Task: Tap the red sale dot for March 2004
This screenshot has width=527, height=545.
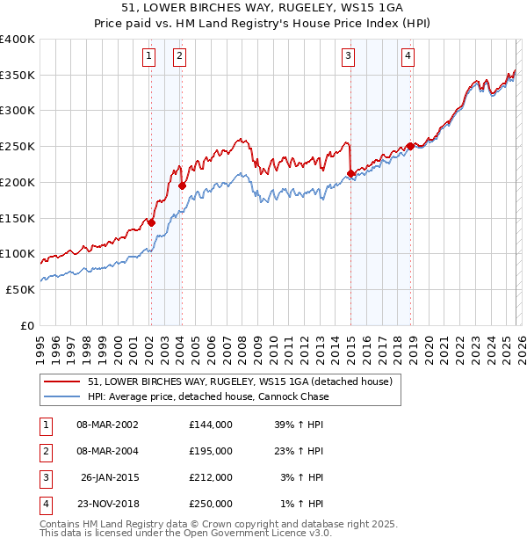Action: (182, 185)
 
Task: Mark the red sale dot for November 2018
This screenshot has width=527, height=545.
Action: (410, 146)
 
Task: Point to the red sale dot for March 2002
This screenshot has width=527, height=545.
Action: (151, 222)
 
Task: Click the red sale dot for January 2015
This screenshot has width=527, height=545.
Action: (351, 173)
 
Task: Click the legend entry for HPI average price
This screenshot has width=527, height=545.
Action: (208, 396)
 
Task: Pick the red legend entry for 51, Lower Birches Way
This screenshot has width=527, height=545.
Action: (244, 381)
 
